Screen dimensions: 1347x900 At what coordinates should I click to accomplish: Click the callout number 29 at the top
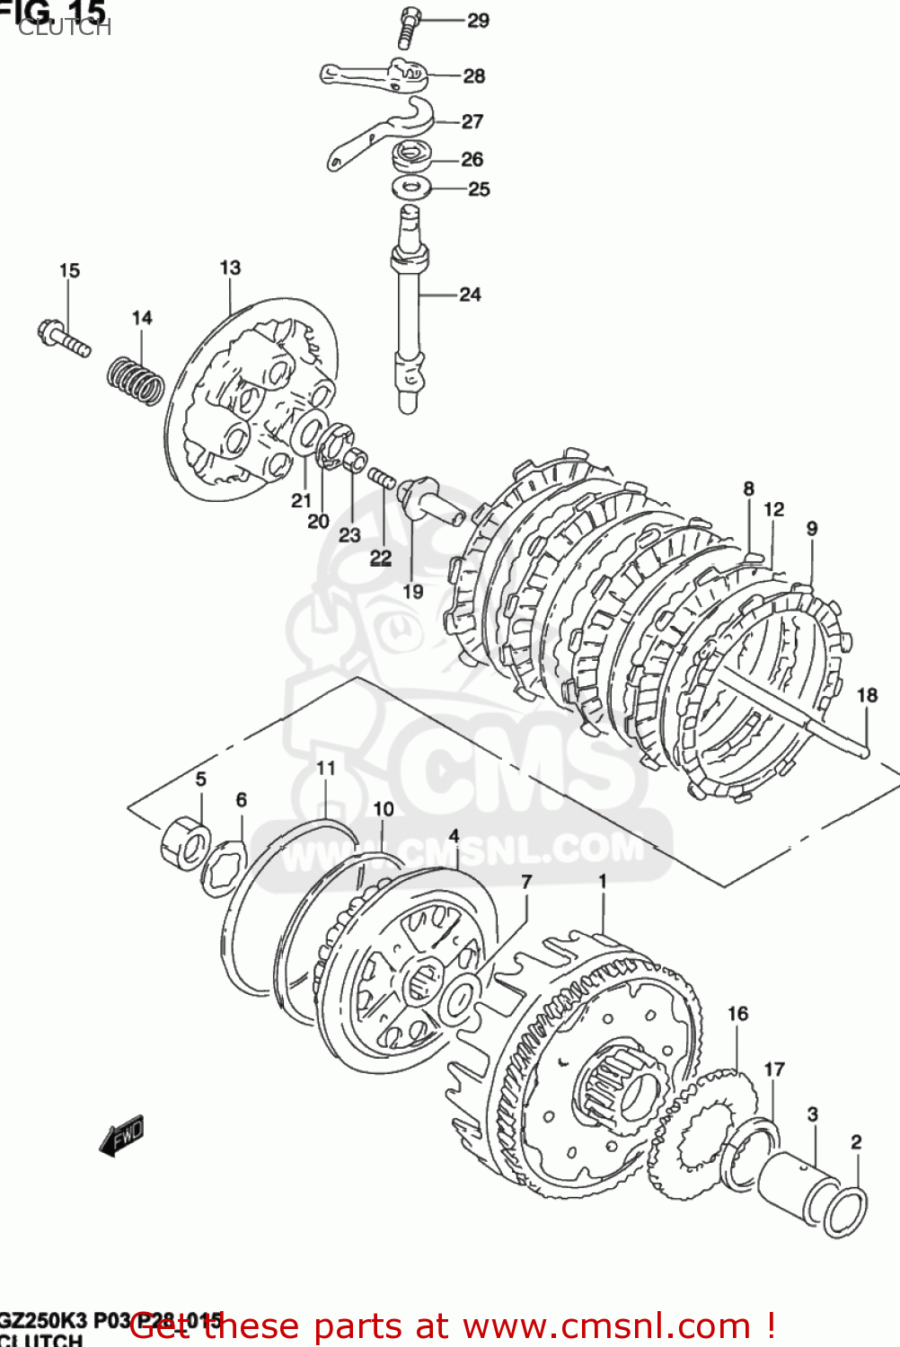pyautogui.click(x=478, y=20)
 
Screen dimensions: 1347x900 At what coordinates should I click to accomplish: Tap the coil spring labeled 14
pyautogui.click(x=136, y=380)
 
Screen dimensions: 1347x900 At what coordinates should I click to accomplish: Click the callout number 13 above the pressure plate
pyautogui.click(x=230, y=268)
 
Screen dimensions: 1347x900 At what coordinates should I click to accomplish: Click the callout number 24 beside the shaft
pyautogui.click(x=470, y=294)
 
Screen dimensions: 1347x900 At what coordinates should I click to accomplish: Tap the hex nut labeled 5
pyautogui.click(x=185, y=841)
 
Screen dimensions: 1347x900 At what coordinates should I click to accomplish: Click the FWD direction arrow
pyautogui.click(x=121, y=1137)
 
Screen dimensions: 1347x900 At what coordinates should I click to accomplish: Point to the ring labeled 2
pyautogui.click(x=845, y=1211)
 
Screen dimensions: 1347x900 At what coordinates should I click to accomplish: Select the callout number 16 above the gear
pyautogui.click(x=737, y=1014)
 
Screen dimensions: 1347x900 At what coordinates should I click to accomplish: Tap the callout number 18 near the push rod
pyautogui.click(x=867, y=695)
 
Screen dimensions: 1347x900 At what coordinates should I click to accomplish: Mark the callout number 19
pyautogui.click(x=412, y=591)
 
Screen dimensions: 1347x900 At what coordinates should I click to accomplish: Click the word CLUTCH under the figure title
pyautogui.click(x=64, y=28)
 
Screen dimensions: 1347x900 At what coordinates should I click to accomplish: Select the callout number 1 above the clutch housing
pyautogui.click(x=603, y=882)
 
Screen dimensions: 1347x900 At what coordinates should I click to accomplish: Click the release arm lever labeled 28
pyautogui.click(x=373, y=75)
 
